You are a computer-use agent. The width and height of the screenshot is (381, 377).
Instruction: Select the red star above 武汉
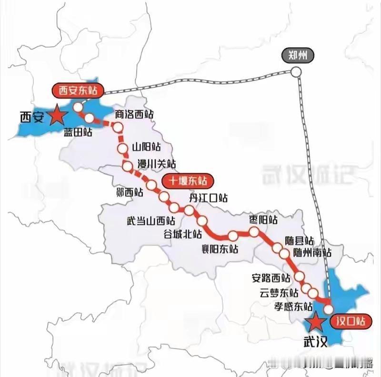(x=315, y=323)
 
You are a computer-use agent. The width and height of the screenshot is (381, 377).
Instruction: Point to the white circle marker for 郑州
(x=296, y=72)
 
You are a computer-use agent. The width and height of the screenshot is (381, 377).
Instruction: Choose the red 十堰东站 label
(x=188, y=180)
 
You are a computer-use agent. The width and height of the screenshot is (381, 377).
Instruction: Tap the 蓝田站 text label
(x=78, y=132)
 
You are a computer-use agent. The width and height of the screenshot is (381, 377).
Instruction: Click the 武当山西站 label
(x=150, y=221)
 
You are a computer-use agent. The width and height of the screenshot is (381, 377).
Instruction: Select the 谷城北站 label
(x=182, y=234)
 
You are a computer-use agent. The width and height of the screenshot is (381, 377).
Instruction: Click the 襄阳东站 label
(x=220, y=248)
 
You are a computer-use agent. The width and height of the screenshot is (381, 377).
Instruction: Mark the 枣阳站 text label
(x=263, y=219)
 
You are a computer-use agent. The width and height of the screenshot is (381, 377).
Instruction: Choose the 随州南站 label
(x=312, y=252)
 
